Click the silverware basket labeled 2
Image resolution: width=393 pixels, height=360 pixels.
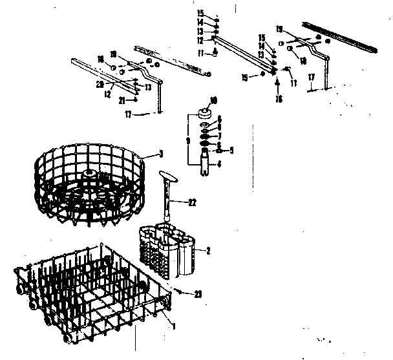[x=169, y=252]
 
